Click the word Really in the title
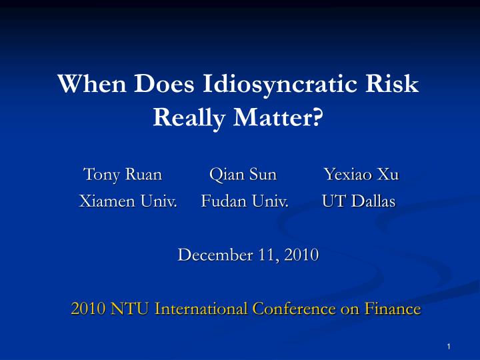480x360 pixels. click(188, 118)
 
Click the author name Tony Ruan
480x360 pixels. click(123, 175)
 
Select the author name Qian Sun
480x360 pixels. click(243, 175)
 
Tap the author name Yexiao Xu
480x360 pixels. click(361, 175)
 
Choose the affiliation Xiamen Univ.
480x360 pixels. click(128, 201)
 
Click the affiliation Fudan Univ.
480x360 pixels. click(245, 201)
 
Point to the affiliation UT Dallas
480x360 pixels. click(359, 201)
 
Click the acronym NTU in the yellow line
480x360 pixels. click(130, 309)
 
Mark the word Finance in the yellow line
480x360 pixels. click(393, 309)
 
